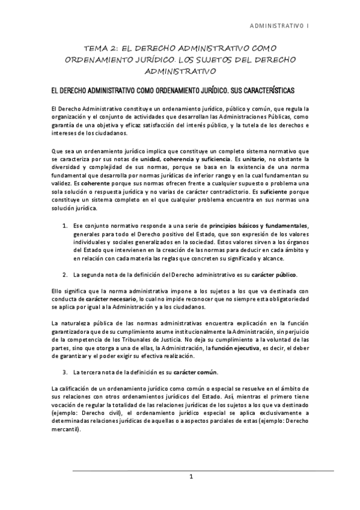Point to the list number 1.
click(65, 225)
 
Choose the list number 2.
click(65, 275)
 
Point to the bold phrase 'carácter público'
click(273, 275)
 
